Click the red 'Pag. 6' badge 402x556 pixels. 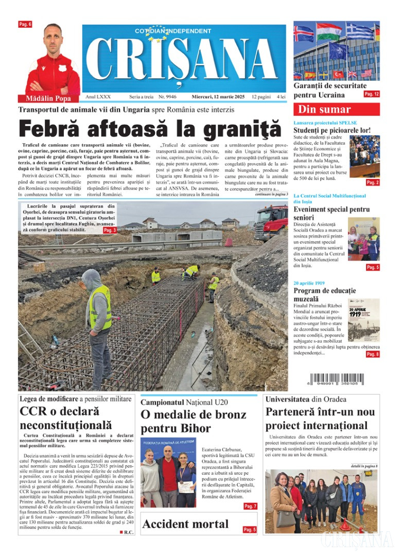(25, 24)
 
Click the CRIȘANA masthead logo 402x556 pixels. (184, 61)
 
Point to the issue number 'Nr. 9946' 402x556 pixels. (168, 97)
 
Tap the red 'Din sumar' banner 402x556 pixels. (336, 109)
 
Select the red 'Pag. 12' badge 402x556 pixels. (372, 94)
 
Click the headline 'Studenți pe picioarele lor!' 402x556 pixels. (331, 130)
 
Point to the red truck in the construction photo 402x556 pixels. (271, 222)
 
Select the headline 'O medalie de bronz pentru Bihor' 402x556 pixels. (186, 422)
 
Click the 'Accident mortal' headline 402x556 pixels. (185, 524)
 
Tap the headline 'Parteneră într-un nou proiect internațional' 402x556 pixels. (320, 419)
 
